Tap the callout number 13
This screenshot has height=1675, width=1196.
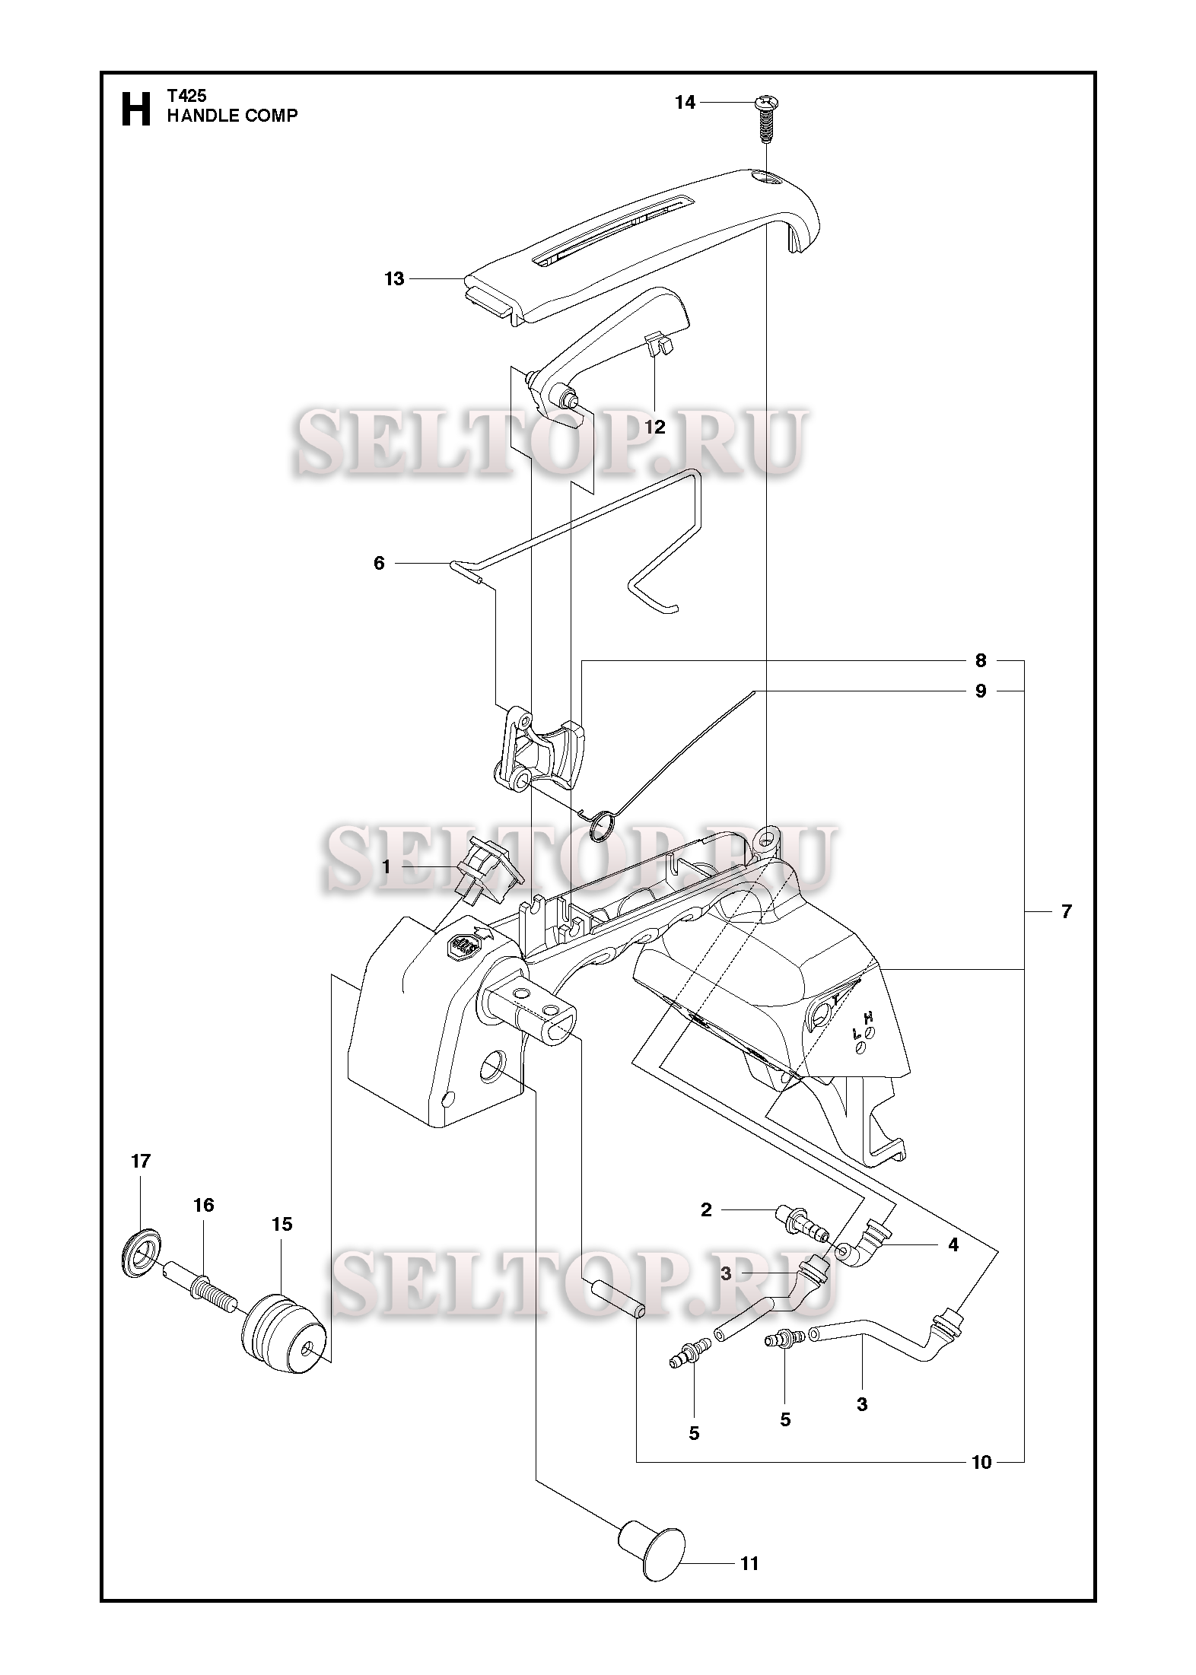click(394, 279)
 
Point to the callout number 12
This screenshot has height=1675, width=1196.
click(655, 427)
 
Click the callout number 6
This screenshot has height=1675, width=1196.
click(379, 563)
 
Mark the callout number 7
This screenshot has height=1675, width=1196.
click(1066, 911)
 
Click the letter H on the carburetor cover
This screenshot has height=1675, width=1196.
click(867, 1017)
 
